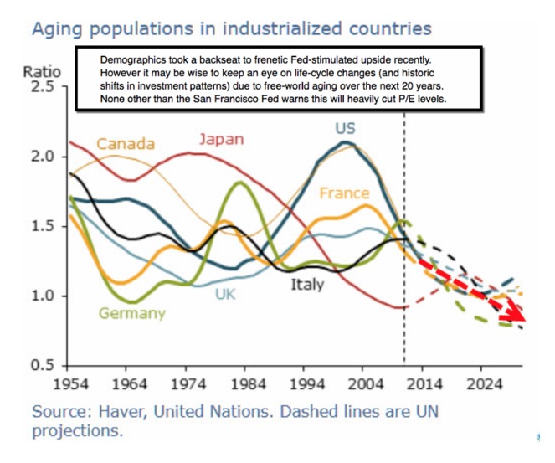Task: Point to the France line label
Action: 345,193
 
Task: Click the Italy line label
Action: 308,285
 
